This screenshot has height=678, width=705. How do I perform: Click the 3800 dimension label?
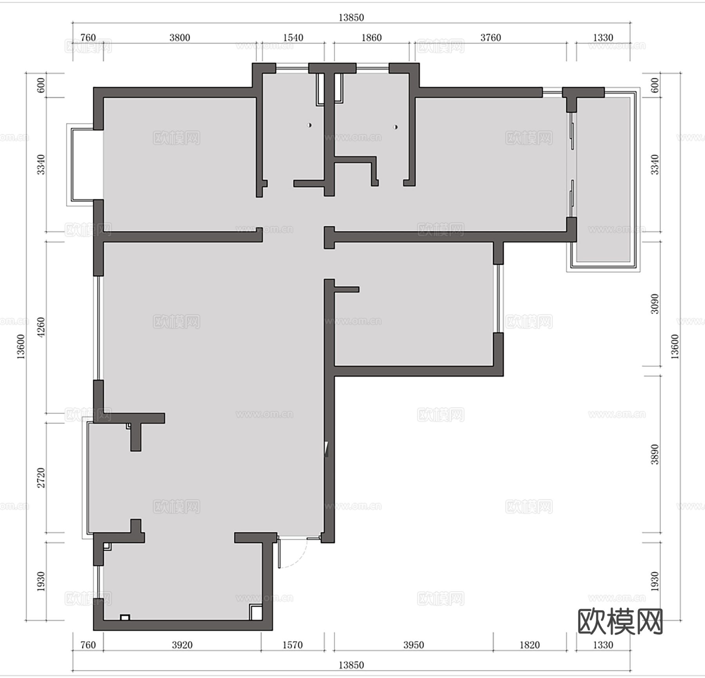[x=180, y=38]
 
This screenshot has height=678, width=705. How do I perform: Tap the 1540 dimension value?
[x=293, y=38]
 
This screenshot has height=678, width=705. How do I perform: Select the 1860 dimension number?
[x=371, y=38]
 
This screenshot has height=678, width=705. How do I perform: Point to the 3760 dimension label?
[x=491, y=38]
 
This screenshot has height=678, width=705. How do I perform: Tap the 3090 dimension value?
[x=654, y=304]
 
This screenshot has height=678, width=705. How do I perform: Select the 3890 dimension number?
[x=654, y=454]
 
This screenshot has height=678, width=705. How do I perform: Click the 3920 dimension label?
[x=182, y=645]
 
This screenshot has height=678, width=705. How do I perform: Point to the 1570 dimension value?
[x=293, y=645]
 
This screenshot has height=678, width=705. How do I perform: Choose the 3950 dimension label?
[x=414, y=645]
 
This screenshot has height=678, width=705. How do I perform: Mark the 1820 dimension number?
[x=530, y=645]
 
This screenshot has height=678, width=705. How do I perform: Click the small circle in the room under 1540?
[x=309, y=125]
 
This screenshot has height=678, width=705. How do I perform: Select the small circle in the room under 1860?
[x=396, y=127]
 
